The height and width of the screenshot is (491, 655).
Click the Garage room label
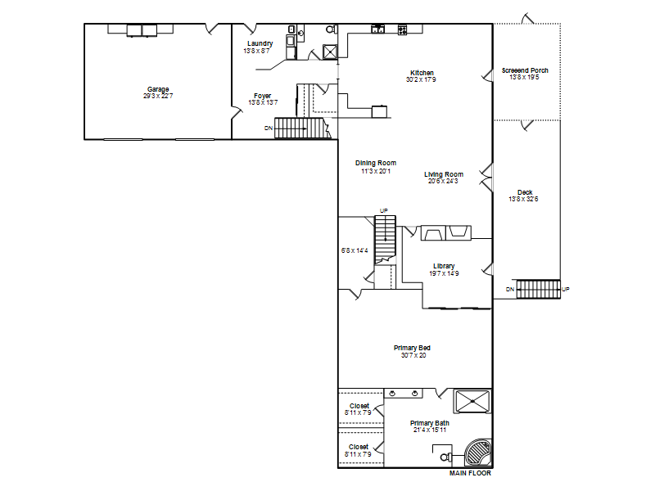click(x=158, y=89)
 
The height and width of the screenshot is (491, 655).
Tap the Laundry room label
click(x=260, y=43)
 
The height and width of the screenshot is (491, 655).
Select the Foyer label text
click(x=262, y=96)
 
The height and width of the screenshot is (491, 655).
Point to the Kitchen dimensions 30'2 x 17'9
click(x=421, y=79)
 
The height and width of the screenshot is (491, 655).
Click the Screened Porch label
click(x=525, y=70)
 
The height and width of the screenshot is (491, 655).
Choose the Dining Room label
click(x=376, y=163)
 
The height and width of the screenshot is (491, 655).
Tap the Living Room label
click(x=444, y=174)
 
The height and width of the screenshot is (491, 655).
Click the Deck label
click(x=525, y=192)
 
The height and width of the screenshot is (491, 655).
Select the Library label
click(x=444, y=266)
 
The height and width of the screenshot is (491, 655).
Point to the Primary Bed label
click(x=413, y=348)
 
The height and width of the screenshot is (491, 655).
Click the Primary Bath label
click(x=429, y=423)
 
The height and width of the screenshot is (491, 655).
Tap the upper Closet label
click(x=359, y=406)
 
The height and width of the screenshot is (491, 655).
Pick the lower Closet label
click(x=359, y=447)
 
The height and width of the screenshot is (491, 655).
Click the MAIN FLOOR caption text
click(x=470, y=474)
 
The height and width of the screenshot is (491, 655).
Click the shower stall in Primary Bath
click(x=472, y=401)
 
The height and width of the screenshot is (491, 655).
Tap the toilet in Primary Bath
click(x=445, y=456)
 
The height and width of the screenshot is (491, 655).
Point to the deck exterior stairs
click(x=537, y=289)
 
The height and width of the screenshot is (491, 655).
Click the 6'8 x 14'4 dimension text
click(x=355, y=250)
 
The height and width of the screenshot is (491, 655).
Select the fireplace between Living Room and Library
click(x=445, y=233)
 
